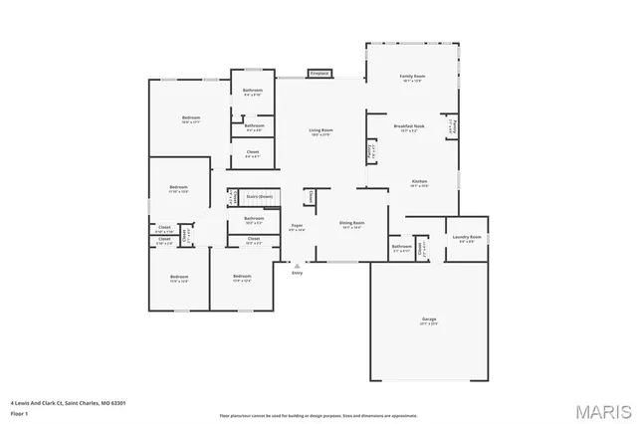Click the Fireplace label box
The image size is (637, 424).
click(319, 74)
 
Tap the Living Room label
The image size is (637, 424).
click(319, 131)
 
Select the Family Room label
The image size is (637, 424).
click(412, 77)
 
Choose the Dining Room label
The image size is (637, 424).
click(351, 224)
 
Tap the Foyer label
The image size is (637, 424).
click(297, 227)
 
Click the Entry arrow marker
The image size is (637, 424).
click(297, 266)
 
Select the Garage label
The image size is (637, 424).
click(428, 319)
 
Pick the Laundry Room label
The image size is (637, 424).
click(468, 237)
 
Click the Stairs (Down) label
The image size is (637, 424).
click(259, 197)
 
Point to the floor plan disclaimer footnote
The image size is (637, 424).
click(318, 415)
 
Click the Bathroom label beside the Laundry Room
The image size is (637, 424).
click(401, 247)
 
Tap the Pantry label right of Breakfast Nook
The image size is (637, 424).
click(453, 127)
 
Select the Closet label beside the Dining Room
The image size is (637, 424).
click(310, 197)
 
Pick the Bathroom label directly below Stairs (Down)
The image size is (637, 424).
click(253, 219)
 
